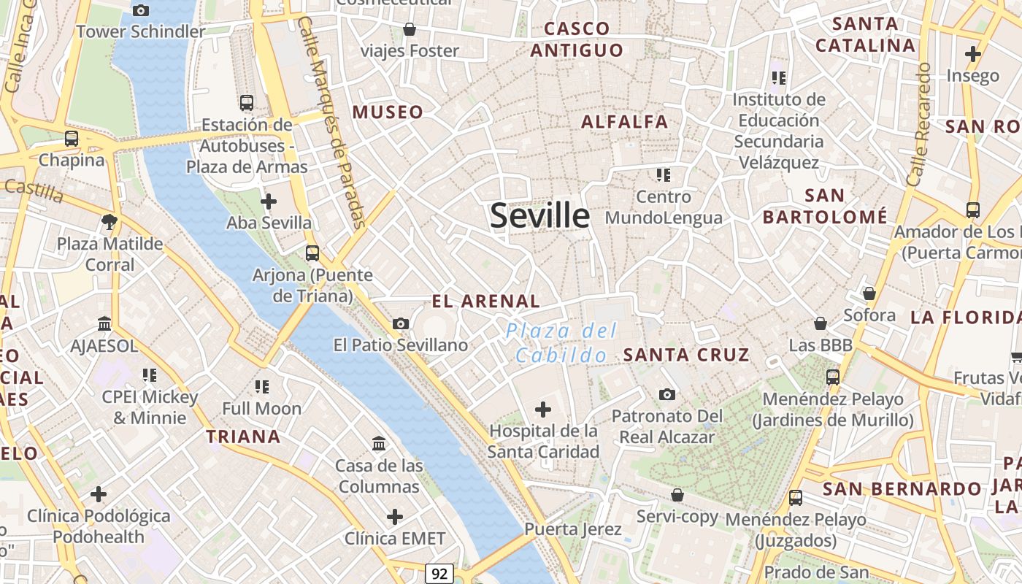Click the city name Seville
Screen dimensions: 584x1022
pyautogui.click(x=539, y=216)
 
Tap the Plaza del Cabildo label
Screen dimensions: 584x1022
pyautogui.click(x=561, y=343)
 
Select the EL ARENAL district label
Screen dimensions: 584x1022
pyautogui.click(x=485, y=301)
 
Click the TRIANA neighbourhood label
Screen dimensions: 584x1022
pyautogui.click(x=243, y=437)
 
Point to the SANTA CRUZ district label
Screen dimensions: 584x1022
pyautogui.click(x=685, y=355)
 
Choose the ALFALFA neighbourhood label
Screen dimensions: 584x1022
pyautogui.click(x=625, y=122)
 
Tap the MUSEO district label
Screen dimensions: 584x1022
pyautogui.click(x=388, y=112)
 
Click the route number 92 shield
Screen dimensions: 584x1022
pyautogui.click(x=439, y=573)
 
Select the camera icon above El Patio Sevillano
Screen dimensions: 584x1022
pyautogui.click(x=401, y=323)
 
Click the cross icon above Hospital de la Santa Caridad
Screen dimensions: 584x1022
pyautogui.click(x=543, y=410)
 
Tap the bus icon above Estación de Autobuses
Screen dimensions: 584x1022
pyautogui.click(x=247, y=103)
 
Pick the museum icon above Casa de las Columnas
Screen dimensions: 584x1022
pyautogui.click(x=379, y=444)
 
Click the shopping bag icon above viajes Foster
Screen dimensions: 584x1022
pyautogui.click(x=410, y=30)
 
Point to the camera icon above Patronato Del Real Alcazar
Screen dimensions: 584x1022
pyautogui.click(x=666, y=395)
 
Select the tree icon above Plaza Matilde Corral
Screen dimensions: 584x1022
pyautogui.click(x=110, y=221)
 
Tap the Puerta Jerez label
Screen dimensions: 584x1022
pyautogui.click(x=573, y=529)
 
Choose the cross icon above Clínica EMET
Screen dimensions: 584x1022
pyautogui.click(x=395, y=518)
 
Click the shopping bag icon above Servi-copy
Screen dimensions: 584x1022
pyautogui.click(x=677, y=495)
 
